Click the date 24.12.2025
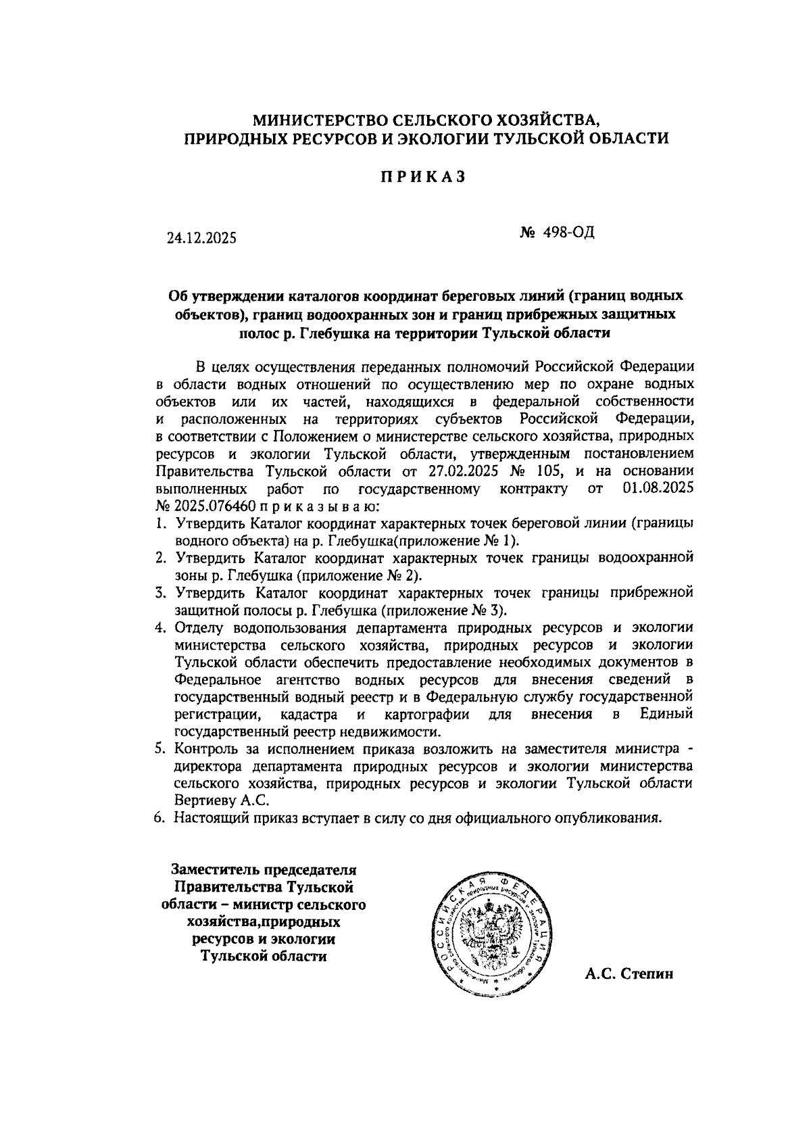pyautogui.click(x=202, y=239)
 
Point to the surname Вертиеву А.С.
pyautogui.click(x=222, y=800)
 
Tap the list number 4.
pyautogui.click(x=160, y=627)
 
